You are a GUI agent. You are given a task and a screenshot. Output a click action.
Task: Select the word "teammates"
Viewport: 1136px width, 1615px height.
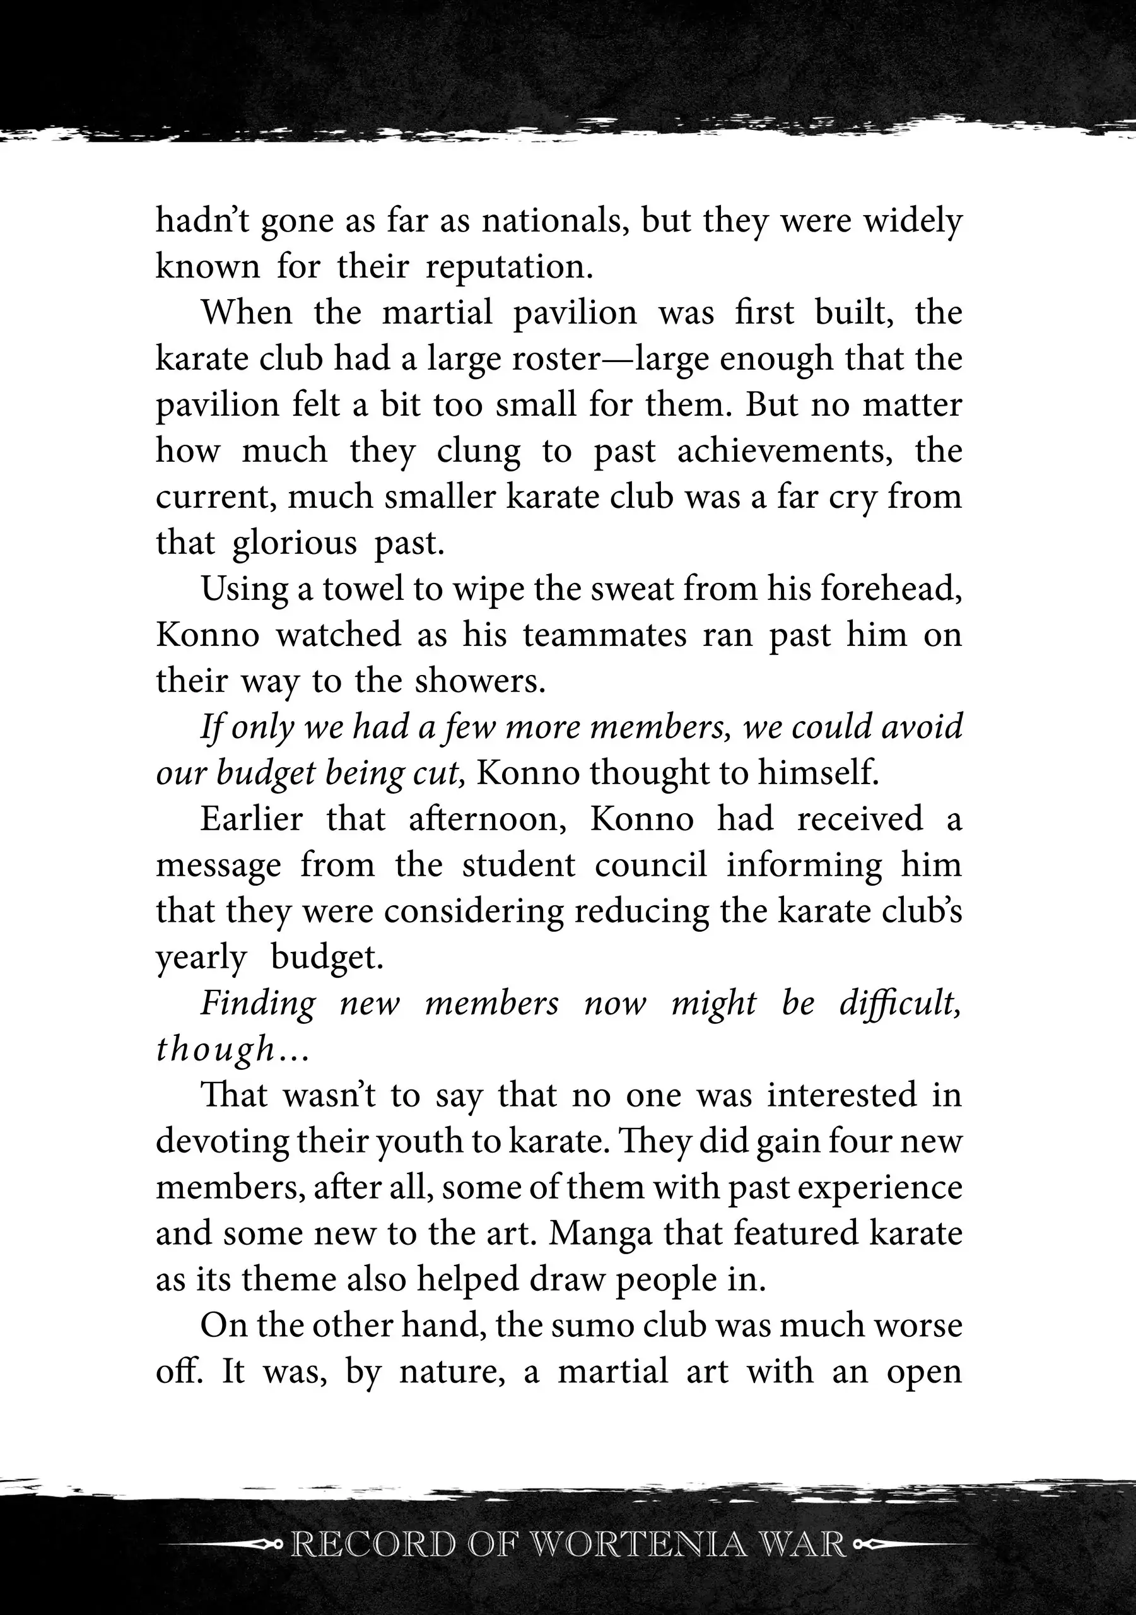click(605, 635)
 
